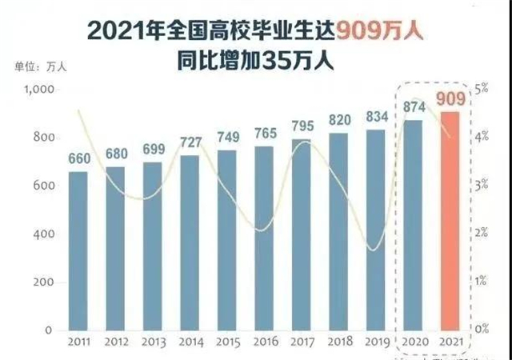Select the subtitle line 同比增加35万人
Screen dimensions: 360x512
(256, 58)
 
